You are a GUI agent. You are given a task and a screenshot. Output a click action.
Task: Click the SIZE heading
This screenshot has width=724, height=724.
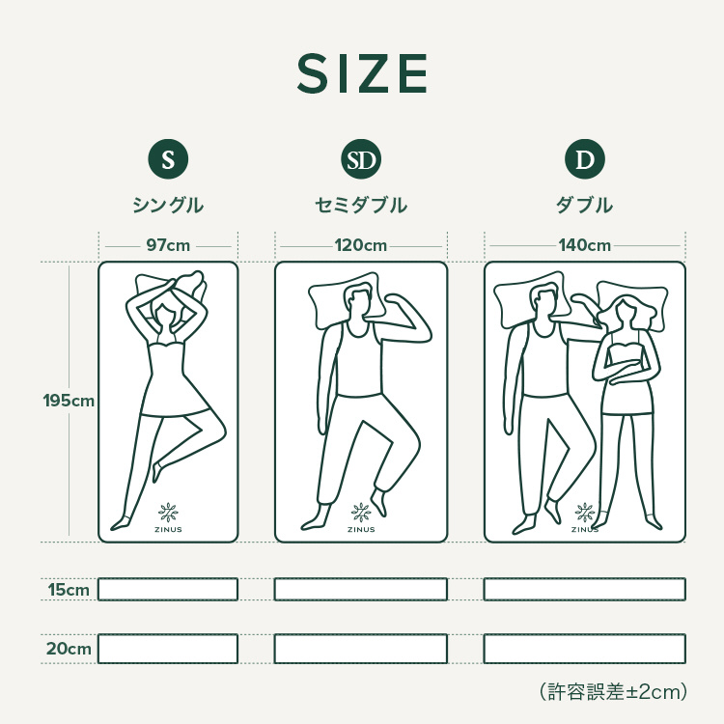point(362,73)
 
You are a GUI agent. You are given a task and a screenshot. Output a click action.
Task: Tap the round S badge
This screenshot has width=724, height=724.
point(168,159)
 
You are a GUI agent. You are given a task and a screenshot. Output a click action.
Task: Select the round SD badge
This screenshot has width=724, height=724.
point(361,159)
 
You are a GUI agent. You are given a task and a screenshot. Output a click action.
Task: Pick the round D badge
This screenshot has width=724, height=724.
point(585,159)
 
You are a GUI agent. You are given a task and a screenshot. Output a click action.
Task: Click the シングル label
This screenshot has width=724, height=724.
point(168,205)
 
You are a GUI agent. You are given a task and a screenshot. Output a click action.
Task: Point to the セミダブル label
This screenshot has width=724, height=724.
point(361,205)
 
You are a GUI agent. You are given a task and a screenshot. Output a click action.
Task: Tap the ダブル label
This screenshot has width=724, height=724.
point(585,205)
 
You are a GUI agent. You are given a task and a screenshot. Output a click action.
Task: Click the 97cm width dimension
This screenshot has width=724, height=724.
point(168,245)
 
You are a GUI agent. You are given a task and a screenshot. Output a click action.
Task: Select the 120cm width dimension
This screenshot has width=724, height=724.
point(361,245)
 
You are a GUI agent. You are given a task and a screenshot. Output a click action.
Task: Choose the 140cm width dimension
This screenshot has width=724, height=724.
point(585,245)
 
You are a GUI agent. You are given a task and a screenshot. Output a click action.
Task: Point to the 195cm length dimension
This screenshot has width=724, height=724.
point(69,401)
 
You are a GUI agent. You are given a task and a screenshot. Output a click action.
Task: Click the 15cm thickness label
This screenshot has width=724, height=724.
point(69,590)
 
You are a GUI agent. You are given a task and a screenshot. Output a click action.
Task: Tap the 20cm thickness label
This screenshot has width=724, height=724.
point(69,649)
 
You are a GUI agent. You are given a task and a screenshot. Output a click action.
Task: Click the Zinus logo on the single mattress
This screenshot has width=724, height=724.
point(168,517)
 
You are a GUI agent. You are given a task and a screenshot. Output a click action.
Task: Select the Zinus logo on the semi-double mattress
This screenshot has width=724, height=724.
point(361,517)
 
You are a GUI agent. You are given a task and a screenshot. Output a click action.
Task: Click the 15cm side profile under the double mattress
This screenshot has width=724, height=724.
point(585,589)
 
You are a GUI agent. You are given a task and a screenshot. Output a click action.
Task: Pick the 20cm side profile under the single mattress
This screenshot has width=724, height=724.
point(168,649)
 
